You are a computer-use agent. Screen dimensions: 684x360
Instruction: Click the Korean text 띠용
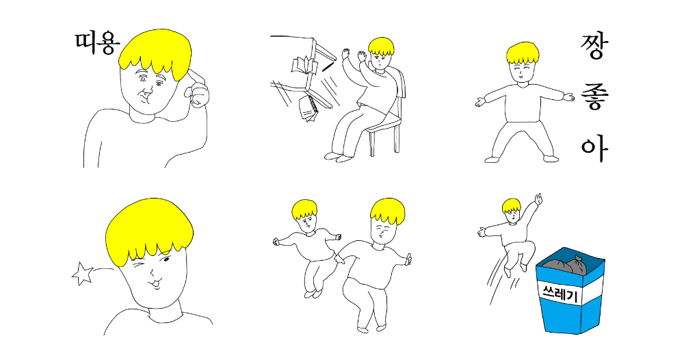[97, 44]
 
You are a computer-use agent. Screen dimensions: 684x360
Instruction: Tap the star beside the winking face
[82, 274]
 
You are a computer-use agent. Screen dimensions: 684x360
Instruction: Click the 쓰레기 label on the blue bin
[560, 294]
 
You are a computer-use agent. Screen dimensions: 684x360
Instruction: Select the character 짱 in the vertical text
[593, 47]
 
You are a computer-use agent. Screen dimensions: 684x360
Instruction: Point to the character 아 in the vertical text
[594, 149]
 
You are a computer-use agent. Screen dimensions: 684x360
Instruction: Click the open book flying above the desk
[304, 66]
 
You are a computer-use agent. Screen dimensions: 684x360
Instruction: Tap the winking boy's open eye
[167, 261]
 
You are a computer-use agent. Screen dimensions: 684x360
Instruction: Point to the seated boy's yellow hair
[381, 47]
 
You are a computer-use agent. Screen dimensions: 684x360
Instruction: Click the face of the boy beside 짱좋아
[523, 71]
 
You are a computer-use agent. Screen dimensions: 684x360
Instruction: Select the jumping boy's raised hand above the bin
[538, 199]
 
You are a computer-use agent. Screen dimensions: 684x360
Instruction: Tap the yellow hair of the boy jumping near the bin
[511, 205]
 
